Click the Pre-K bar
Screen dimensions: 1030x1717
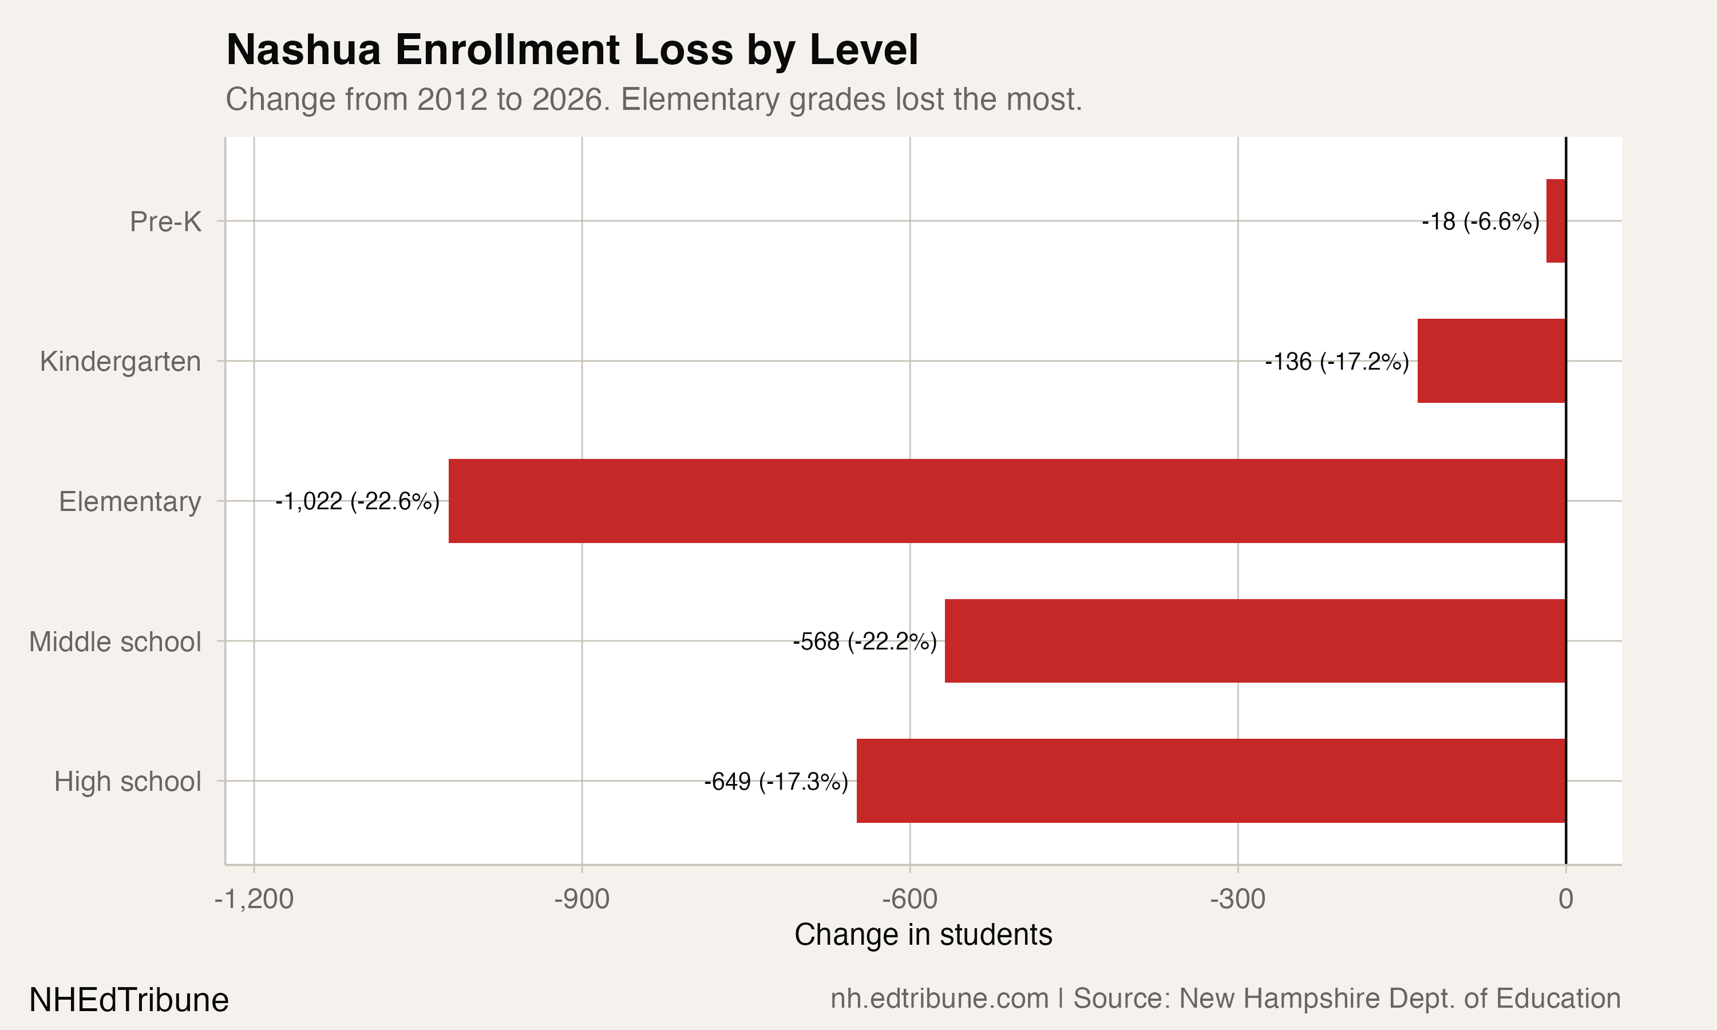coord(1556,221)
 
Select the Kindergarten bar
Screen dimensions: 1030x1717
coord(1492,361)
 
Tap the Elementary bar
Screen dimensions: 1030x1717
coord(1007,501)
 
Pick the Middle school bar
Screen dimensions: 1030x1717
coord(1255,641)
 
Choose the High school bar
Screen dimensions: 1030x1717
coord(1211,781)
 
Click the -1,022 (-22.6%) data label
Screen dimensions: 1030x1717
coord(357,501)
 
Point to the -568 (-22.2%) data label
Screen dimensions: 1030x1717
coord(865,641)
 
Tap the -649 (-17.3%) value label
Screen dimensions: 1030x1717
coord(776,782)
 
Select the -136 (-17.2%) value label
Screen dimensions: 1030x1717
coord(1336,362)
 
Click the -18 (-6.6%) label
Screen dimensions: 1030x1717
coord(1480,221)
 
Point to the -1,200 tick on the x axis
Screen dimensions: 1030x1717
coord(254,900)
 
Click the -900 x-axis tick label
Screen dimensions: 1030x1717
coord(581,900)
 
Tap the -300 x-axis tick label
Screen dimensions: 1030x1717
coord(1237,900)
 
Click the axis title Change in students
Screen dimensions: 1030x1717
coord(923,935)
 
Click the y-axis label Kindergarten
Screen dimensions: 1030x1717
coord(120,362)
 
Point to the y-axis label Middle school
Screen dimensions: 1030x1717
coord(115,641)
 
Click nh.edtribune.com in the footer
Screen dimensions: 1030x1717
coord(939,999)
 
